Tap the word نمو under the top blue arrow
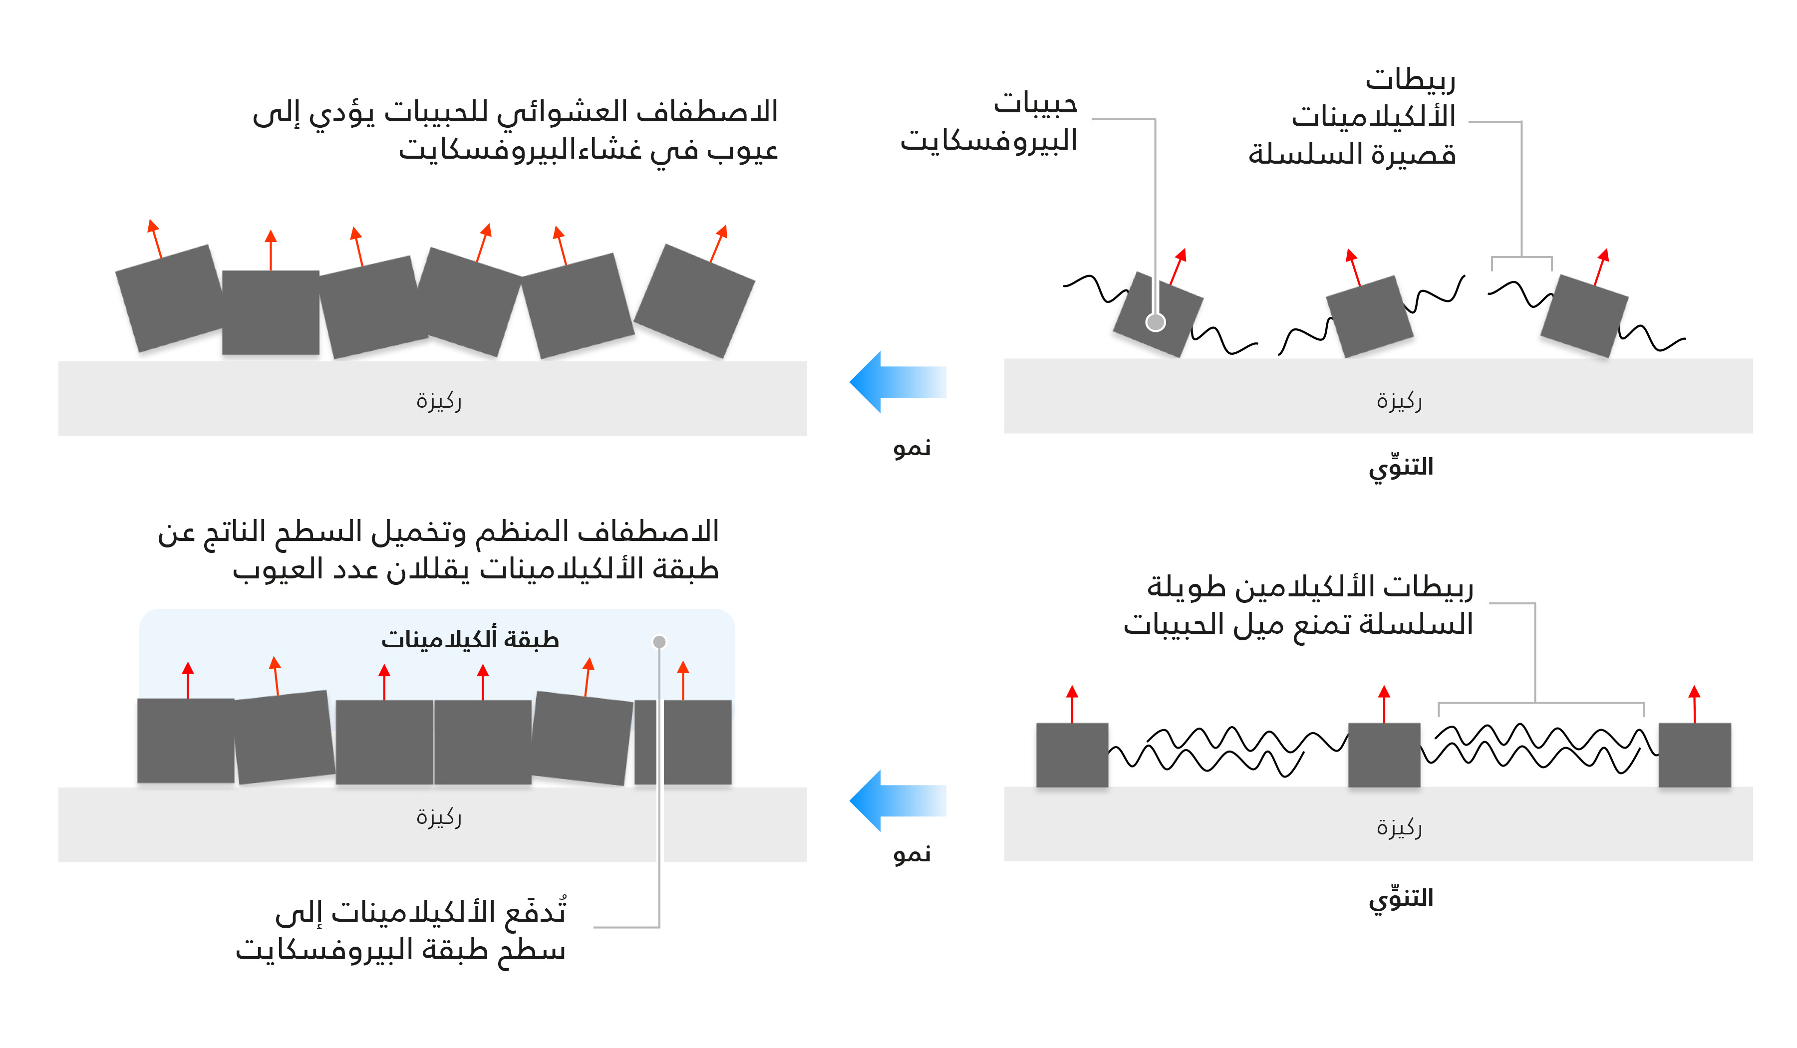(912, 448)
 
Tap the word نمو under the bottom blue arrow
(912, 853)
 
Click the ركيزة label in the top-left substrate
(439, 401)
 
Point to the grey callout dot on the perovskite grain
(1155, 322)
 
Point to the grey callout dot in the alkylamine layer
(659, 642)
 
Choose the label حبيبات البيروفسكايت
(990, 121)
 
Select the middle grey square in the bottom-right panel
(1383, 754)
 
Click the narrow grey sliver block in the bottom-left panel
(645, 742)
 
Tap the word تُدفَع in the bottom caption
(535, 911)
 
